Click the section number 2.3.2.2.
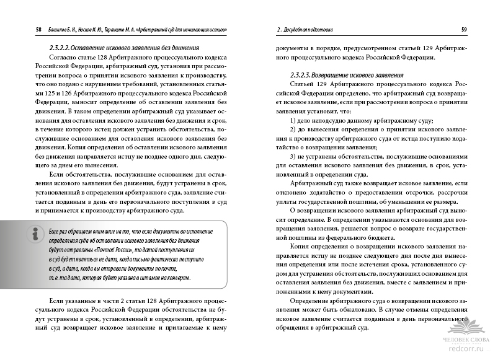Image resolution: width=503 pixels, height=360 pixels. tap(63, 48)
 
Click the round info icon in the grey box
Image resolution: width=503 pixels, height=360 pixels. tap(24, 235)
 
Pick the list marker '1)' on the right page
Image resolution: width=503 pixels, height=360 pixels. tap(294, 121)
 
